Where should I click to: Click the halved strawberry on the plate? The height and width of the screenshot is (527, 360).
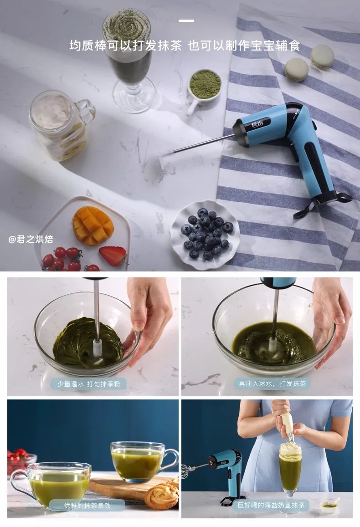113,256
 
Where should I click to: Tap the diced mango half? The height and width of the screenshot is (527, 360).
93,225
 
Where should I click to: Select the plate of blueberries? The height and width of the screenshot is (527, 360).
205,235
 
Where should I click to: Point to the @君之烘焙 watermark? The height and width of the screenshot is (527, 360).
31,239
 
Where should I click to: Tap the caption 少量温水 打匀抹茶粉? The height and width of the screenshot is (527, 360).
88,384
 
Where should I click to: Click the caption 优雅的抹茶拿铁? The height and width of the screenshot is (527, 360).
87,506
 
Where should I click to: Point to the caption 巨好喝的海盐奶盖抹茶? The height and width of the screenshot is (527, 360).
271,505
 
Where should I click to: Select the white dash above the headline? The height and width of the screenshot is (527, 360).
186,21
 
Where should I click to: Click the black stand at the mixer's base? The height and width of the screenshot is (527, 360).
323,202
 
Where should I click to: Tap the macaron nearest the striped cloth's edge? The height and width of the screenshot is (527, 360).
297,70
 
